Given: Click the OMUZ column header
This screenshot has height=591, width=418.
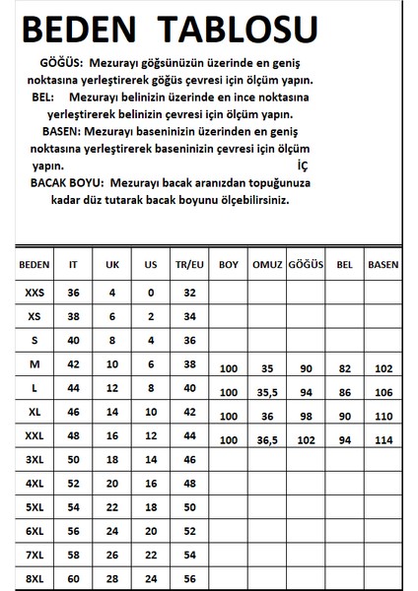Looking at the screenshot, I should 266,265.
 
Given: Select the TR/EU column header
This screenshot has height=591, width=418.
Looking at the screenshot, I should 191,265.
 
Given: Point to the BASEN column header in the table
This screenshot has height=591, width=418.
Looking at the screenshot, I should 383,265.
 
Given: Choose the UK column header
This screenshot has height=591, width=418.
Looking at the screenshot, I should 113,265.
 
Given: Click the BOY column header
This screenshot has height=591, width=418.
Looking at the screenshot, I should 229,265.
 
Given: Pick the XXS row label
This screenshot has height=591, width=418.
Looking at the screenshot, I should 35,293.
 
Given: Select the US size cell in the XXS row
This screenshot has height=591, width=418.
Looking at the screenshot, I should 152,293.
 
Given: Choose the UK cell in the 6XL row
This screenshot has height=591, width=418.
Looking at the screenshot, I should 113,530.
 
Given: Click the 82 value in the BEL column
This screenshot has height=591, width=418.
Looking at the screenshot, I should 344,367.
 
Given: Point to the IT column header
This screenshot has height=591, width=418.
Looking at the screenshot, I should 73,265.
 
